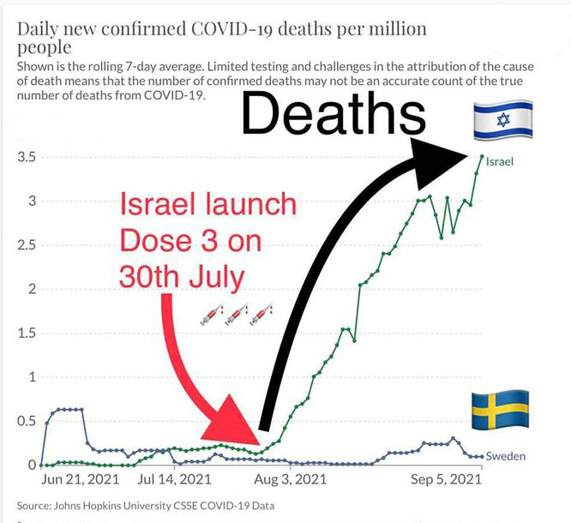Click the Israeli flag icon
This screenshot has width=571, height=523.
[x=503, y=120]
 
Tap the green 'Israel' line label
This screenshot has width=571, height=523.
[x=500, y=160]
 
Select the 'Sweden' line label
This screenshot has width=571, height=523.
[x=505, y=456]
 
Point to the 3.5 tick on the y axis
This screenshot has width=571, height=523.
[x=25, y=158]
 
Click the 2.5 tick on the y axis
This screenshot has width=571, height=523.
[x=25, y=246]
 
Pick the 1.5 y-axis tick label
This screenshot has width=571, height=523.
[x=25, y=334]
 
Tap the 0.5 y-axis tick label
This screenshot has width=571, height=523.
[x=25, y=421]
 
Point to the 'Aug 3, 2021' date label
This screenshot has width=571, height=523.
[x=292, y=479]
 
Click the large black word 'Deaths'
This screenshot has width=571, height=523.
[x=333, y=115]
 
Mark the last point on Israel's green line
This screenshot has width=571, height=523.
[x=482, y=157]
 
